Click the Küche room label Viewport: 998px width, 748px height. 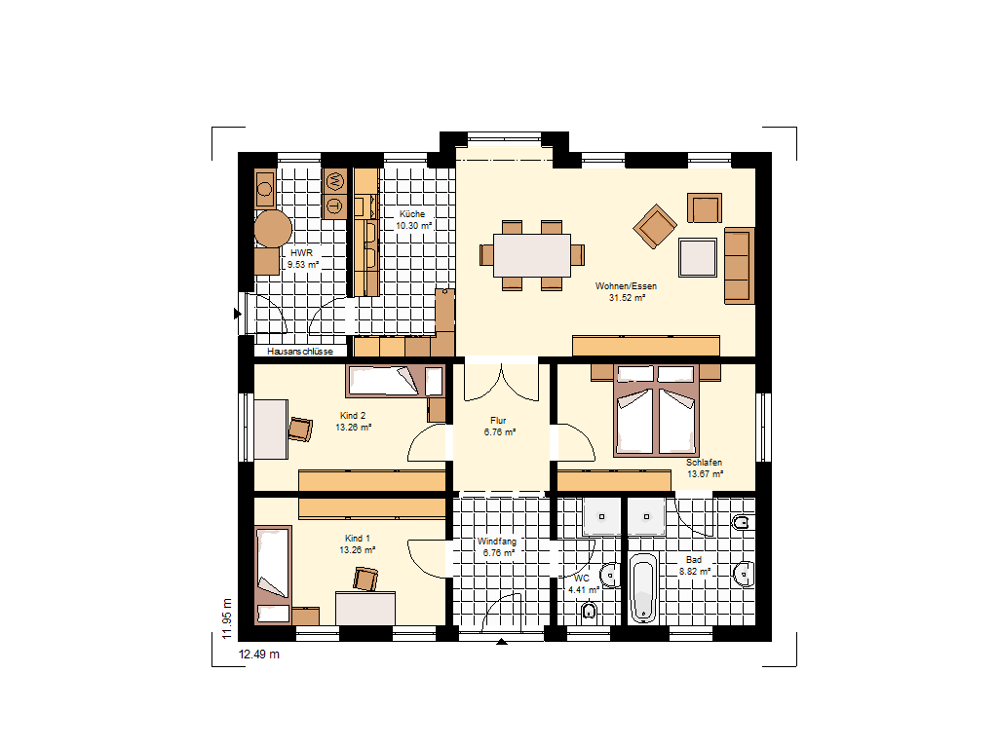pos(412,214)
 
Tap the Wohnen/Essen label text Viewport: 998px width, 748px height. pos(626,286)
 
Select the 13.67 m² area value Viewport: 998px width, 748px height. pos(706,474)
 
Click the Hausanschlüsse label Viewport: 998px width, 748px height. pos(300,351)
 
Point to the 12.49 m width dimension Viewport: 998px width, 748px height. pos(259,654)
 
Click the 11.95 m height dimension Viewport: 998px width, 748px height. pos(227,618)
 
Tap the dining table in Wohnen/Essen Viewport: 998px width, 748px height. pos(532,256)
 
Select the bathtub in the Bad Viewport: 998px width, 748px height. pos(643,587)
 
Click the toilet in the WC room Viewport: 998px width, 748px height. pos(589,612)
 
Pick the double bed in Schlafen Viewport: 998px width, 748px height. pos(656,410)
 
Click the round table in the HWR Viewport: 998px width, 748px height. pos(273,229)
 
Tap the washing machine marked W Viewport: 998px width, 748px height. pos(335,182)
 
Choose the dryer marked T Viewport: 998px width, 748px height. pos(335,206)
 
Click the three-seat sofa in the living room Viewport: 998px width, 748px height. pos(740,265)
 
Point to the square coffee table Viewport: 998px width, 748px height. pos(698,257)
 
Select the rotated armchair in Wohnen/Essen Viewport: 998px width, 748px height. pos(654,226)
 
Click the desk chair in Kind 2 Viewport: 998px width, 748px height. pos(300,430)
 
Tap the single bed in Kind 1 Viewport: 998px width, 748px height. pos(273,575)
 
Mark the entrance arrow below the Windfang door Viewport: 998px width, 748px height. pos(502,642)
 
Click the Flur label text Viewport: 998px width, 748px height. pos(498,421)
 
